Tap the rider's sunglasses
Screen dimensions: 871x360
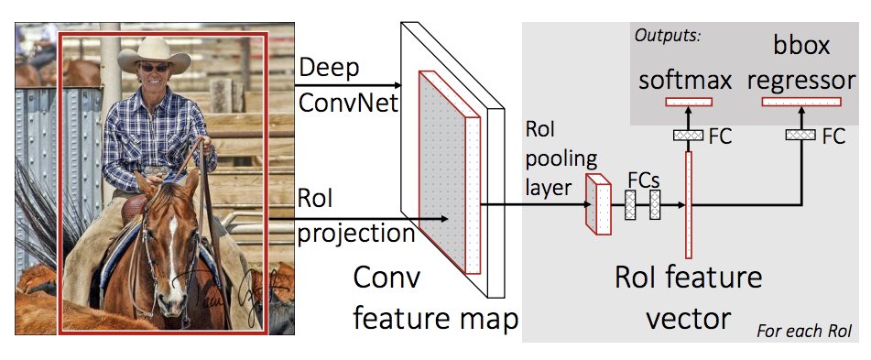[x=154, y=68]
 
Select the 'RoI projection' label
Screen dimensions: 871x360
[x=356, y=217]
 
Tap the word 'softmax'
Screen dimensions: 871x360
[x=684, y=82]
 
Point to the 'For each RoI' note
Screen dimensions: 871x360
[x=804, y=332]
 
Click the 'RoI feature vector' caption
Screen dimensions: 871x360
[x=688, y=297]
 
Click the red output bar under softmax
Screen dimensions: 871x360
[x=689, y=102]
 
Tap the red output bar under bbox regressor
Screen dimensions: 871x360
[x=801, y=102]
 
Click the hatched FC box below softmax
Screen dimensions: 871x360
[x=689, y=135]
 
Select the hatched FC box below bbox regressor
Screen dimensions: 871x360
[x=800, y=135]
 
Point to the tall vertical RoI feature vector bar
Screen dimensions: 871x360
[x=689, y=204]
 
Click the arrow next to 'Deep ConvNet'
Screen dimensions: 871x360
[x=348, y=85]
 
